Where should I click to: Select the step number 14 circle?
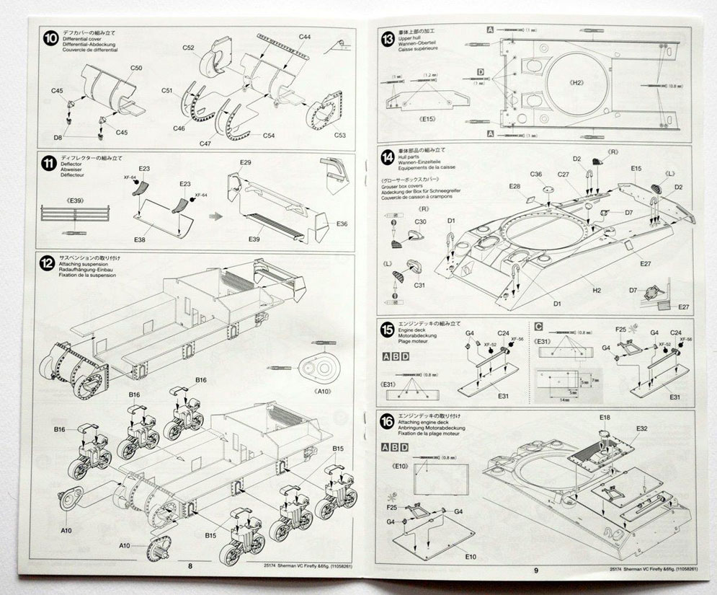[388, 158]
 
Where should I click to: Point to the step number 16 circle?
[388, 421]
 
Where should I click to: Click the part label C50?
[137, 69]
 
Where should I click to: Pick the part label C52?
[189, 48]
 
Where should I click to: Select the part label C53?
[339, 136]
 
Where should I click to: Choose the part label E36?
[342, 224]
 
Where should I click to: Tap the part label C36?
[535, 175]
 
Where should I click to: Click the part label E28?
[515, 187]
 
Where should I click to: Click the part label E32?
[642, 429]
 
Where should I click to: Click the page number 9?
[536, 571]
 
